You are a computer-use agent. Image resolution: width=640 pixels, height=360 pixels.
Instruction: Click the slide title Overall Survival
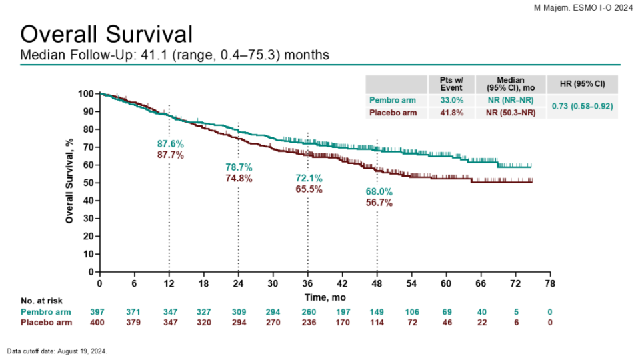[107, 35]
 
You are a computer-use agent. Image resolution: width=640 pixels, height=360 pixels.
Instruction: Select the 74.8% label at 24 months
[239, 178]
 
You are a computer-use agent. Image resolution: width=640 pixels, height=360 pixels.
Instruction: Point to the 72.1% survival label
[309, 178]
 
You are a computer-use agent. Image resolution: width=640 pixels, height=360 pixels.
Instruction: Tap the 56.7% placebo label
[379, 203]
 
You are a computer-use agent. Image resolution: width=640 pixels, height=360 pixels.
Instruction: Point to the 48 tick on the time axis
[377, 283]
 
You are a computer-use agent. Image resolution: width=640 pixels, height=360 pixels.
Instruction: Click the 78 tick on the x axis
[551, 283]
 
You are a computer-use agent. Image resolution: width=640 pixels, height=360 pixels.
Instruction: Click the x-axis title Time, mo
[326, 295]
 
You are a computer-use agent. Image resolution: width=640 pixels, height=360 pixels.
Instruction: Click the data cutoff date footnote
[57, 351]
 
